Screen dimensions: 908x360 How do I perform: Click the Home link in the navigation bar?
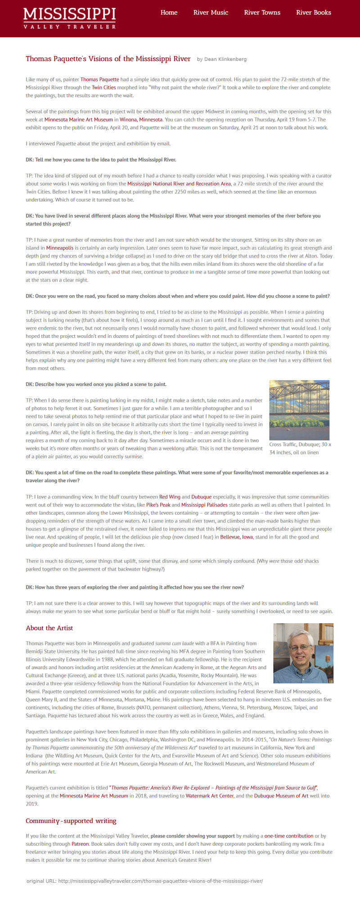(x=169, y=13)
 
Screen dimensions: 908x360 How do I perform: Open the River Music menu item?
(x=211, y=13)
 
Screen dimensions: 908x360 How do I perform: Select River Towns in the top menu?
(x=262, y=13)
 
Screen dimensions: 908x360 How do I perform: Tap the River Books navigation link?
(x=313, y=13)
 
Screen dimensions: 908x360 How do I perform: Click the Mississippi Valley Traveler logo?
(x=70, y=18)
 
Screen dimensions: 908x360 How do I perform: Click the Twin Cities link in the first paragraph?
(x=103, y=88)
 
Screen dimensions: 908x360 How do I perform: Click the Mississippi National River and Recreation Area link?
(x=179, y=184)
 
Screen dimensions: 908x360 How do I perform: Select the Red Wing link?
(x=170, y=497)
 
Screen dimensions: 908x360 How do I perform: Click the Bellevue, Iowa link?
(x=237, y=537)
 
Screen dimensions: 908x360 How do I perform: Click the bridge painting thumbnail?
(x=299, y=410)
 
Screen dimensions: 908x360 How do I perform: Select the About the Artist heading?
(x=49, y=628)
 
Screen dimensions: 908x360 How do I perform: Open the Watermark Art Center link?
(x=210, y=796)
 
